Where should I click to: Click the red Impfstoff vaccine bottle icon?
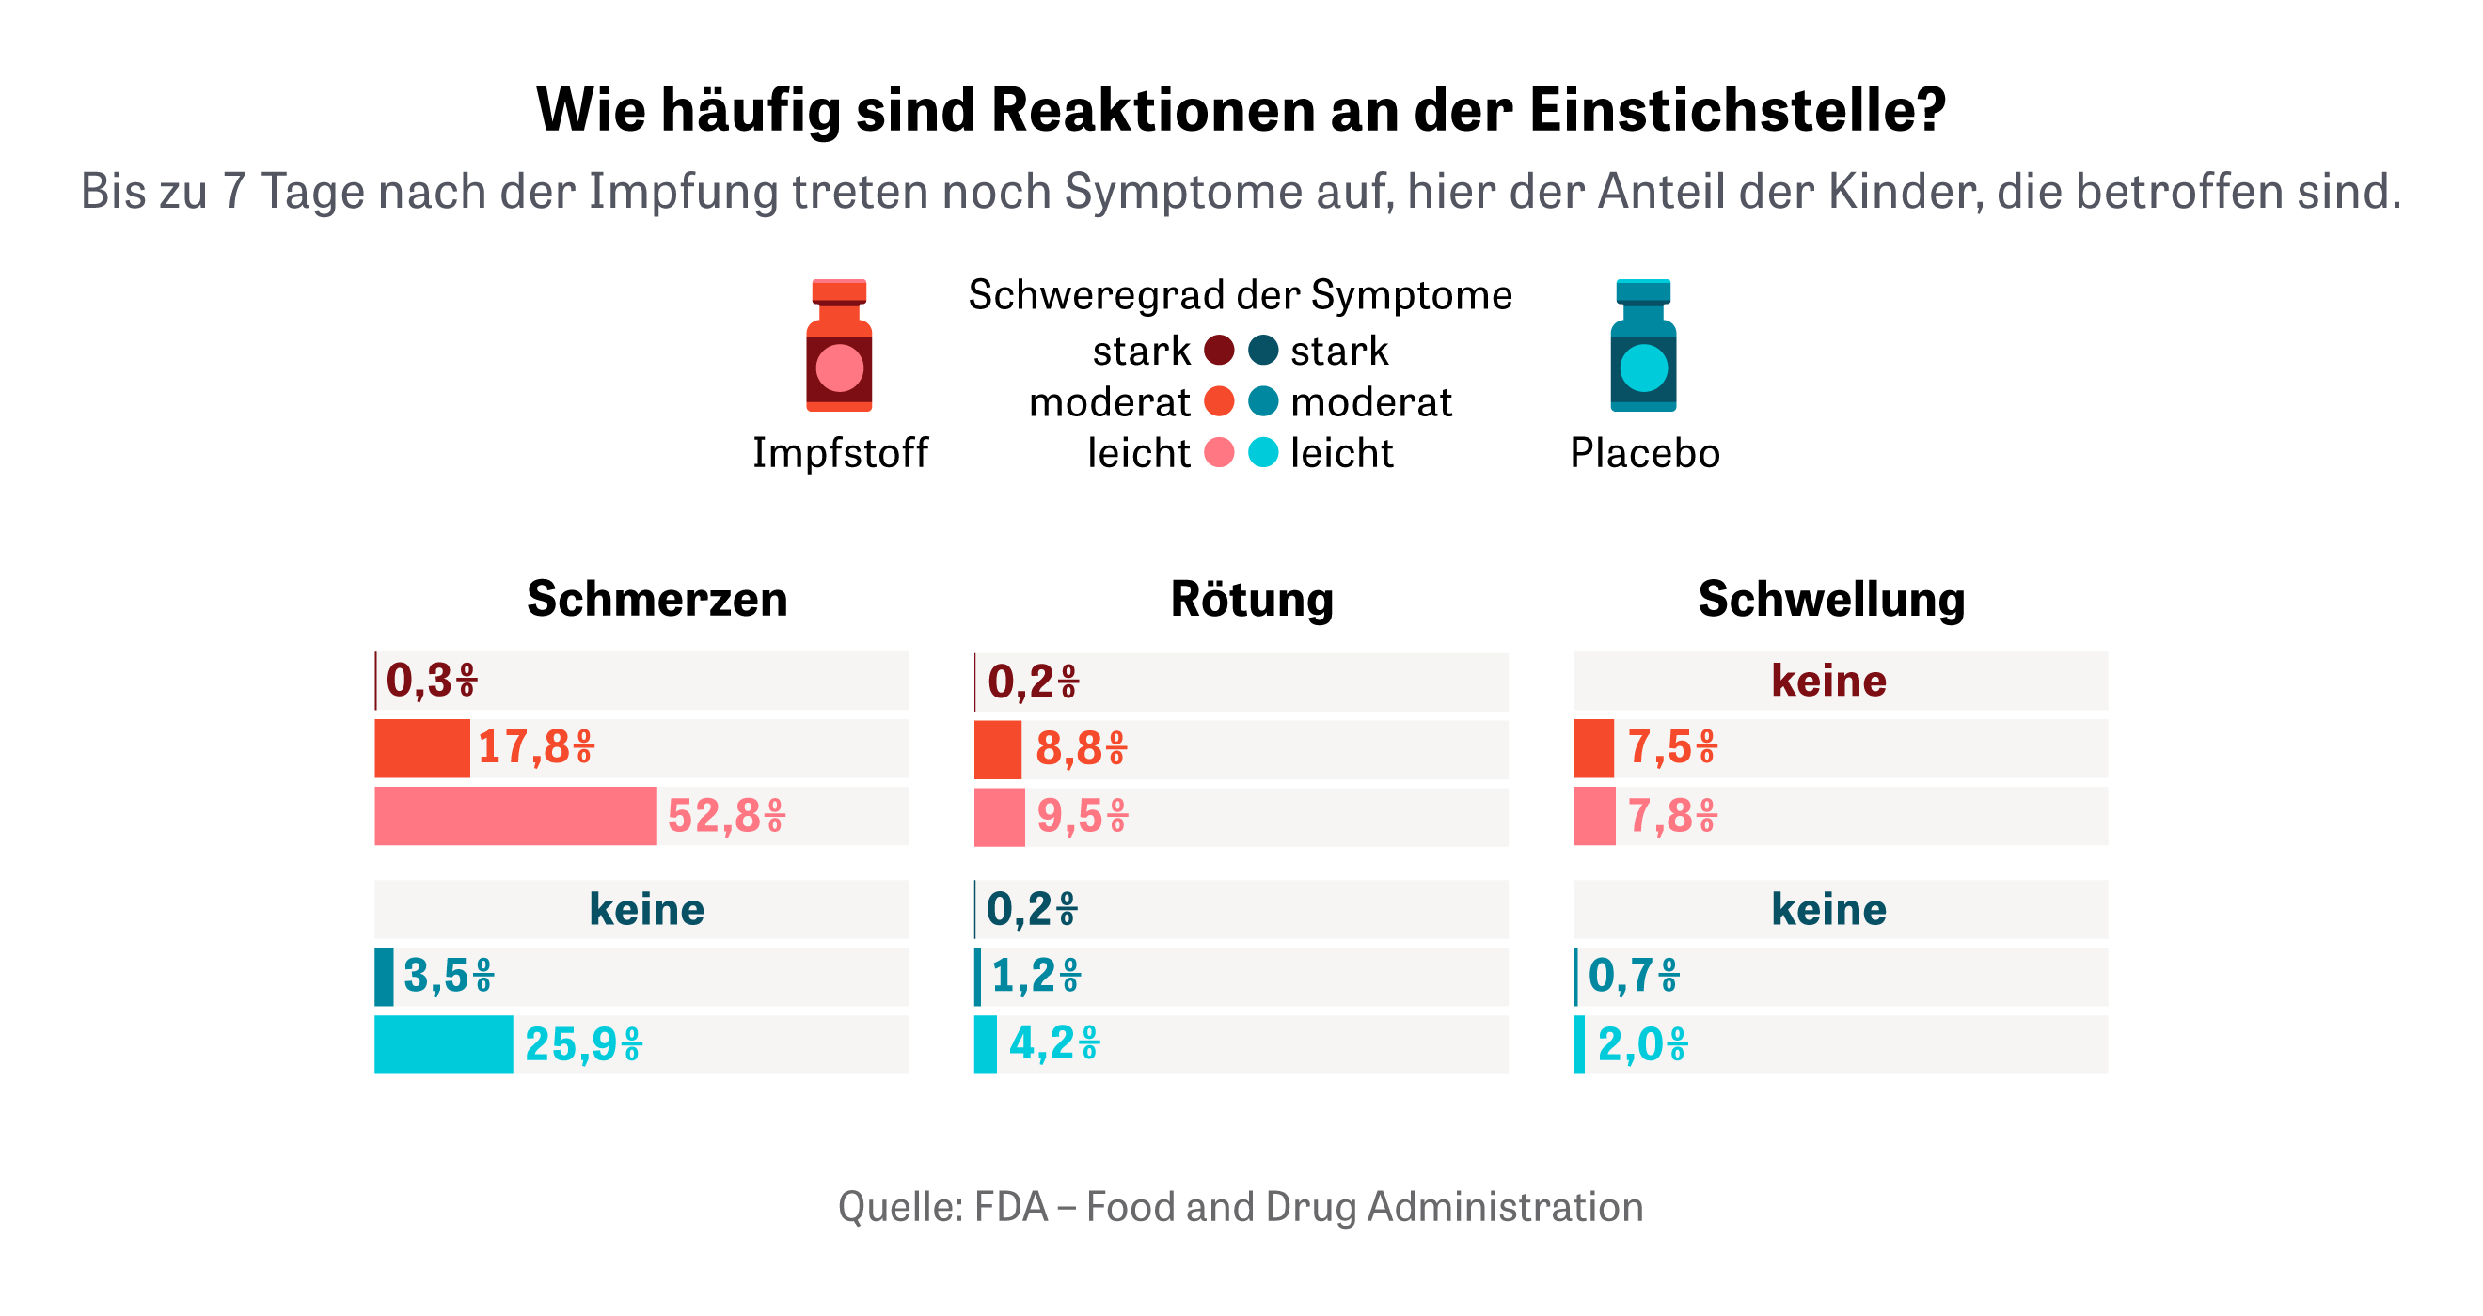coord(839,347)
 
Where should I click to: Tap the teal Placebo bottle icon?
coord(1642,347)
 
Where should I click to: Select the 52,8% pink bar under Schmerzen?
coord(515,816)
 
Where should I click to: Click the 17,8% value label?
coord(536,747)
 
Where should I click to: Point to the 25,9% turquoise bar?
coord(443,1044)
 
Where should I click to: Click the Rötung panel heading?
coord(1251,598)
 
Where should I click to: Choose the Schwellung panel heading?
coord(1830,598)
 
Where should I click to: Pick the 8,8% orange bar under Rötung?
coord(998,748)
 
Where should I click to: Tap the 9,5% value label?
coord(1082,817)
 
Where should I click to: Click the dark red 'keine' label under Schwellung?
coord(1828,681)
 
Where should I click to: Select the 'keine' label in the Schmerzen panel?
coord(647,909)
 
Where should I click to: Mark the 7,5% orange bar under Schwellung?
coord(1593,747)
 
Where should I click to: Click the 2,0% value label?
coord(1642,1044)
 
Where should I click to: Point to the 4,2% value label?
coord(1053,1043)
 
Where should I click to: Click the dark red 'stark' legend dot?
coord(1219,351)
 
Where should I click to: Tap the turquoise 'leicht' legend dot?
coord(1263,452)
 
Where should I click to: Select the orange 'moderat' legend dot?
coord(1219,401)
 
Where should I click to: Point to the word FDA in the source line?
coord(1010,1207)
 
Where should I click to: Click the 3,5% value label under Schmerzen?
coord(449,976)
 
